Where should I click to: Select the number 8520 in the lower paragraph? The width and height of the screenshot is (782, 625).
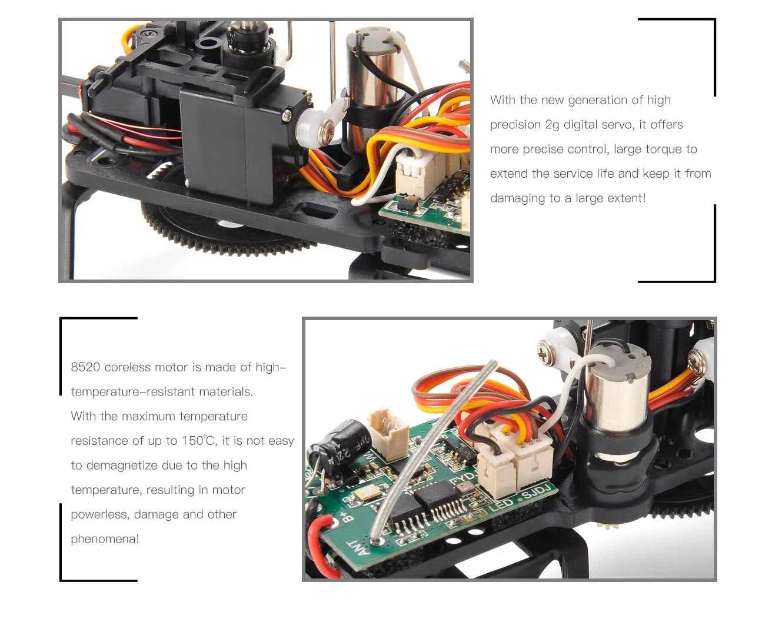[x=85, y=367]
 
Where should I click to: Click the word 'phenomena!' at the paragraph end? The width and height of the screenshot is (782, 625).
[x=105, y=539]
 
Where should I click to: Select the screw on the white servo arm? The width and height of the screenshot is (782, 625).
[x=328, y=128]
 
